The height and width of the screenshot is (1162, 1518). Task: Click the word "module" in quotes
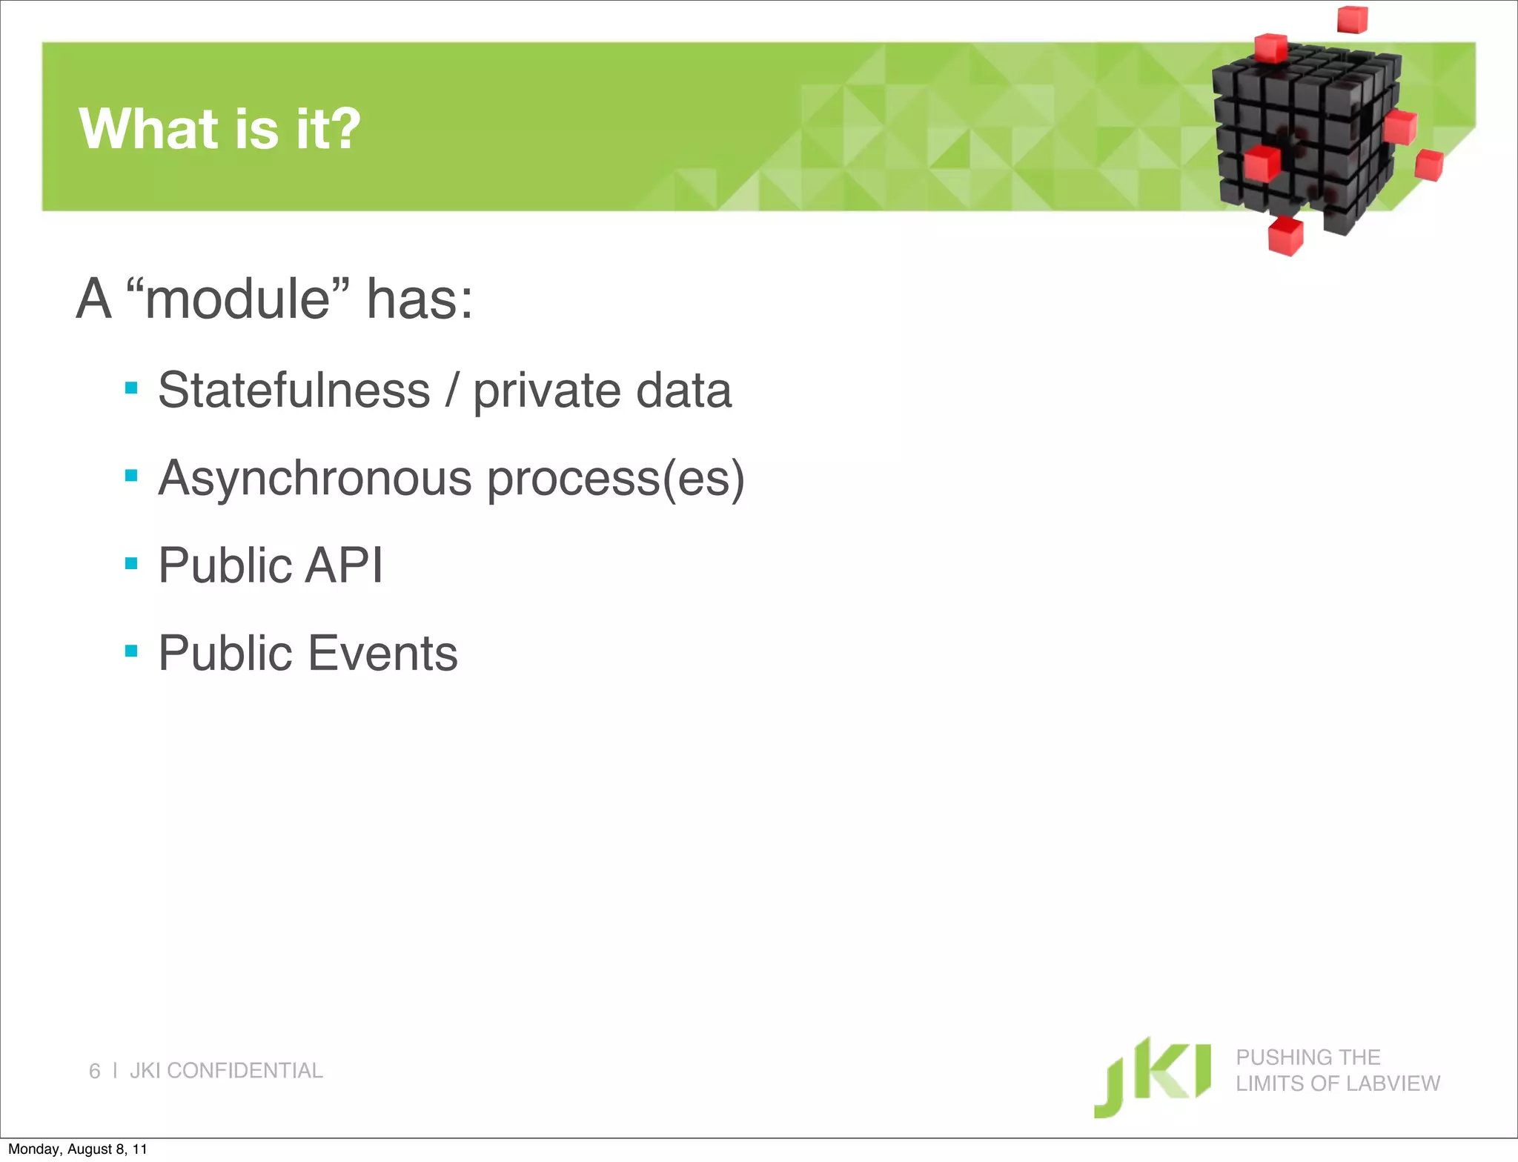(x=237, y=299)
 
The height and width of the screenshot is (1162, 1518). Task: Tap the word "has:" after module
(x=420, y=299)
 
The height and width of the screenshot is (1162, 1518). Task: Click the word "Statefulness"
(x=294, y=390)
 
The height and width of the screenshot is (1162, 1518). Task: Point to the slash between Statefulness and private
(x=451, y=390)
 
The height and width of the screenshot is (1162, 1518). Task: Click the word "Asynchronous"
(x=315, y=478)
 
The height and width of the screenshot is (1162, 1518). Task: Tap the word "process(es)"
(x=615, y=479)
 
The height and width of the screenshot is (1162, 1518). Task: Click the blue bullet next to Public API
(x=132, y=564)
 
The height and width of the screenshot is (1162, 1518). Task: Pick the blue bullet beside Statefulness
(x=132, y=388)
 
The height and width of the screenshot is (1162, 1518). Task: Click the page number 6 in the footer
(x=94, y=1071)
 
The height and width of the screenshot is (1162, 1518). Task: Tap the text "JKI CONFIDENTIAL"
(x=226, y=1070)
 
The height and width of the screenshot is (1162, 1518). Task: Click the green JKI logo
(x=1152, y=1076)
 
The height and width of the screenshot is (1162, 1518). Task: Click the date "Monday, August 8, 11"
(x=77, y=1149)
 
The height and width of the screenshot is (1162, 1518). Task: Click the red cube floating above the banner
(x=1352, y=19)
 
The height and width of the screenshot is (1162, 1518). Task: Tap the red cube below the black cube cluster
(x=1285, y=236)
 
